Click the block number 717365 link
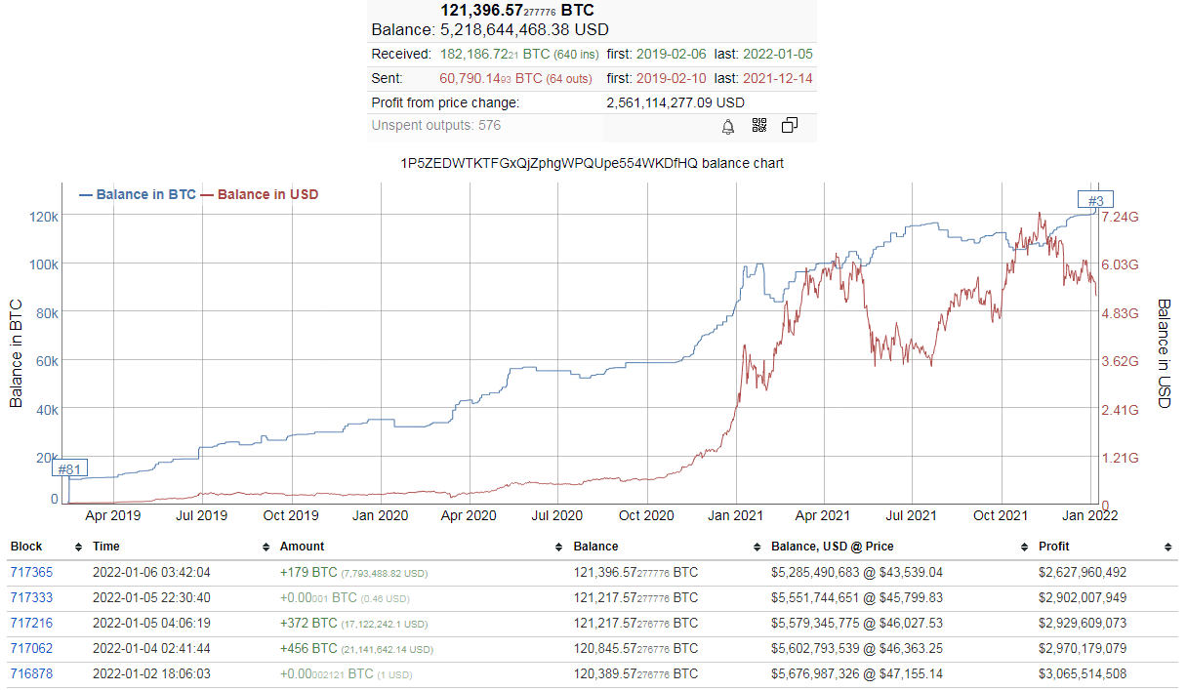point(31,572)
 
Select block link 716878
point(31,673)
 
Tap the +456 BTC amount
point(308,648)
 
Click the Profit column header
point(1053,547)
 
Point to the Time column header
point(106,547)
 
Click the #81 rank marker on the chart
point(69,468)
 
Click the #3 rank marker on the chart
point(1095,200)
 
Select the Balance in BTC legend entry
point(138,194)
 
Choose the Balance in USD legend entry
point(260,194)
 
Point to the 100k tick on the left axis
point(44,264)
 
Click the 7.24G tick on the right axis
point(1120,217)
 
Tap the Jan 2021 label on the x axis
point(735,515)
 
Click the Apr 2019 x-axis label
point(113,515)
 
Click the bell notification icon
point(728,127)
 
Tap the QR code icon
point(759,125)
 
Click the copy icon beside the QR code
point(790,125)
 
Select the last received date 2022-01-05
point(777,54)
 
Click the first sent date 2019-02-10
point(671,78)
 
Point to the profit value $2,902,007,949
point(1083,598)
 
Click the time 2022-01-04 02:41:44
point(151,648)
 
